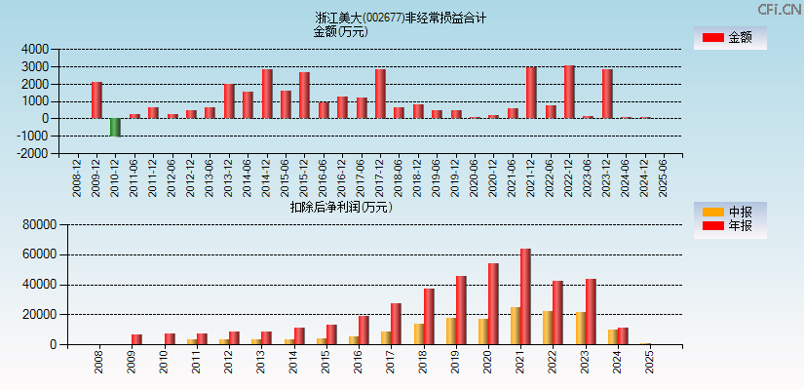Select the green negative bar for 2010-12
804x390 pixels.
116,127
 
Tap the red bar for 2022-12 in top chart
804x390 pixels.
569,92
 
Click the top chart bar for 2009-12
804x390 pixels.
96,100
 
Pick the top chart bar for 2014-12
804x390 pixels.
267,94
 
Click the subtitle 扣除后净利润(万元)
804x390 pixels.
341,207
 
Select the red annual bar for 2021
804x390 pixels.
525,296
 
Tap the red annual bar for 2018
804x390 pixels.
429,316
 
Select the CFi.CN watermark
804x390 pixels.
779,10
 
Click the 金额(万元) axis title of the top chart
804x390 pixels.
340,31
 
